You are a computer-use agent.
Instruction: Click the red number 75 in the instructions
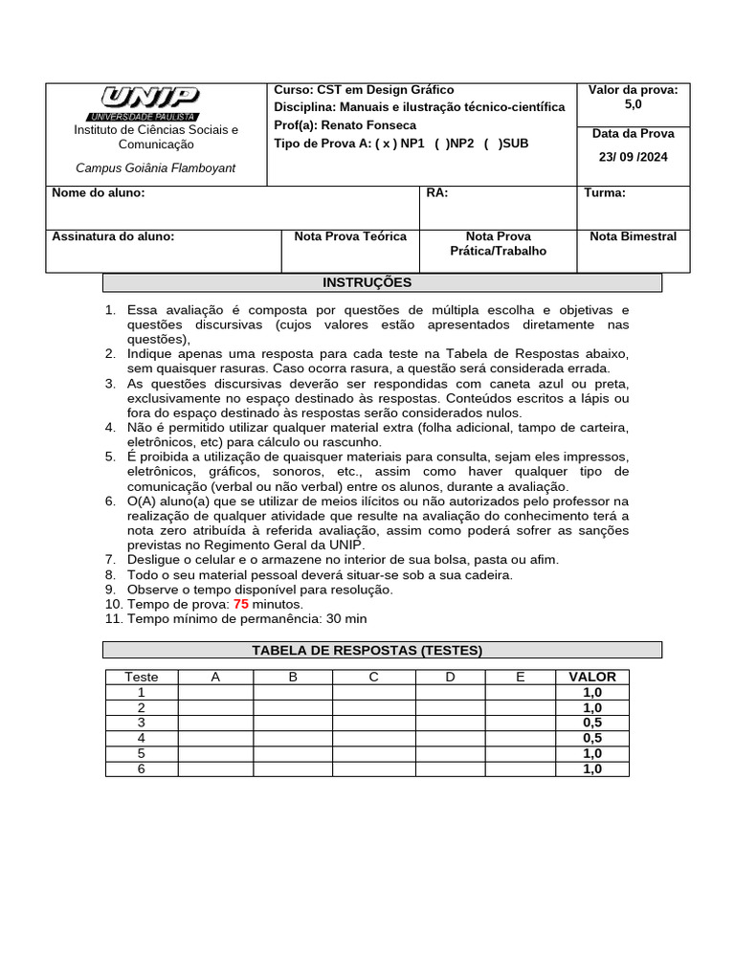coord(241,605)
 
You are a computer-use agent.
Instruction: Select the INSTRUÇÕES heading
coord(381,283)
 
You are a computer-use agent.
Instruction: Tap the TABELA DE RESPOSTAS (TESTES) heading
coord(381,651)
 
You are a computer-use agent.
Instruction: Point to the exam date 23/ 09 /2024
coord(633,157)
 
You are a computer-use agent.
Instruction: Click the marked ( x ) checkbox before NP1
coord(384,144)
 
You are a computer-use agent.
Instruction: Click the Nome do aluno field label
coord(98,193)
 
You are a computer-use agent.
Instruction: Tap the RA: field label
coord(436,193)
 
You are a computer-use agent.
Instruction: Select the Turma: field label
coord(605,193)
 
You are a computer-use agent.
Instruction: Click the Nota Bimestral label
coord(633,236)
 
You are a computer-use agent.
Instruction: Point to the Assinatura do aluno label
coord(113,236)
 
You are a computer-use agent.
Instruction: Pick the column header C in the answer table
coord(374,677)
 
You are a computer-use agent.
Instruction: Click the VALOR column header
coord(592,677)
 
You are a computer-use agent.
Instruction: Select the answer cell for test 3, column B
coord(293,723)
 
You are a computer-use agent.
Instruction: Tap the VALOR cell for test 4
coord(592,738)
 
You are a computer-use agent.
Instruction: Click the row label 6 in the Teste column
coord(142,768)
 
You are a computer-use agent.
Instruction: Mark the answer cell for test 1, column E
coord(521,692)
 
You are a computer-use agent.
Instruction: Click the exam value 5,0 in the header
coord(633,104)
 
